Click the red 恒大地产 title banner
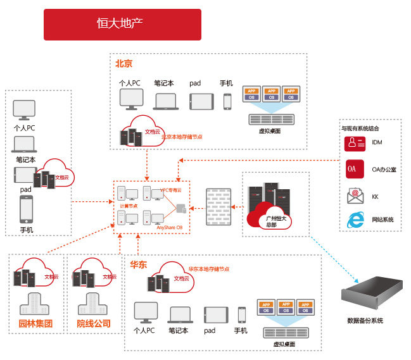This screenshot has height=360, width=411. [x=122, y=24]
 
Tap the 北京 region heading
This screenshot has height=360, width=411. [x=123, y=63]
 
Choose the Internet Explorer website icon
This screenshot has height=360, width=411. [x=355, y=220]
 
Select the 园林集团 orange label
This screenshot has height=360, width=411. [x=35, y=325]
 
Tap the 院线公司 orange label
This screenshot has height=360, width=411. [x=94, y=325]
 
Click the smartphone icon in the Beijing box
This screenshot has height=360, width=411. [x=227, y=101]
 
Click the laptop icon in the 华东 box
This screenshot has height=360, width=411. [x=180, y=314]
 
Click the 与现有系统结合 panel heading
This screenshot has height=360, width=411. [x=360, y=128]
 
